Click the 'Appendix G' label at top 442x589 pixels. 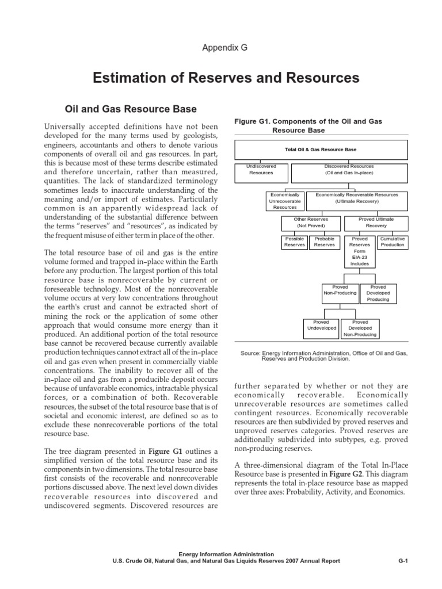224,48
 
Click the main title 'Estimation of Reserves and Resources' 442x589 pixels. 226,78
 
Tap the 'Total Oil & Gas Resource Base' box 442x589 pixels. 321,150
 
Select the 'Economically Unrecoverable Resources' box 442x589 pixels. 284,201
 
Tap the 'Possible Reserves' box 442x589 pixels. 294,242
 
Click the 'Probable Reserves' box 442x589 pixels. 324,242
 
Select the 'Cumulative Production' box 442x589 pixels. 393,242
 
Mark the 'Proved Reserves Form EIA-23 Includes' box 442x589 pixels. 360,251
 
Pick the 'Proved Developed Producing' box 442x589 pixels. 378,293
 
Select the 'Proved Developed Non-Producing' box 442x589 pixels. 360,328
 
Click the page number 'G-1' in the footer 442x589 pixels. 403,561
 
